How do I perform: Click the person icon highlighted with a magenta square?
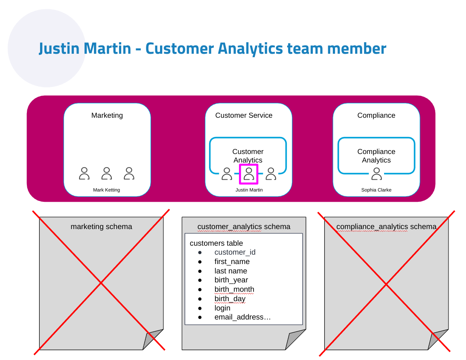[248, 174]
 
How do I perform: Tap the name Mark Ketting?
[107, 190]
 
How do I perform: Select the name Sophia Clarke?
[376, 190]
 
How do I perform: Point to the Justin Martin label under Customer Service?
[249, 190]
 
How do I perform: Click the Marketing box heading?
[107, 115]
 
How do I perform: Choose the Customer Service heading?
[244, 115]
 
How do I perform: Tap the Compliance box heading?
[376, 115]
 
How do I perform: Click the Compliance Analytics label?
[376, 156]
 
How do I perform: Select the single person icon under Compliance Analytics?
[376, 174]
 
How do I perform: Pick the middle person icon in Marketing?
[107, 173]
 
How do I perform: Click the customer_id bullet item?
[235, 252]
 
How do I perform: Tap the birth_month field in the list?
[234, 289]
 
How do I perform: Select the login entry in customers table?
[222, 308]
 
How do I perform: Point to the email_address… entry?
[242, 317]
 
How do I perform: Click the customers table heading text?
[216, 243]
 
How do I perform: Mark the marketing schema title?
[101, 226]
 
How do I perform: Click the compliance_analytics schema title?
[386, 226]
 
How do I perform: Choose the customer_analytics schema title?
[244, 226]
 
